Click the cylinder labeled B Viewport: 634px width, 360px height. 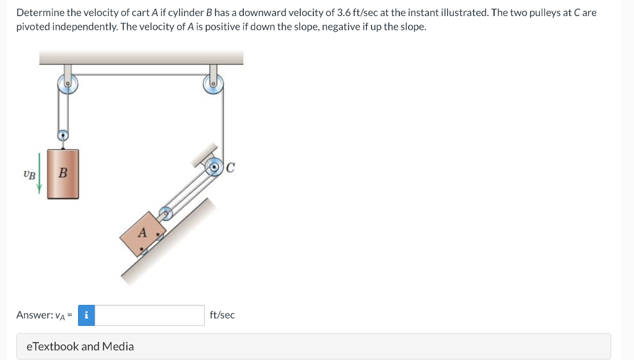pos(63,174)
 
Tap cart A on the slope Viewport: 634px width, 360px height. pos(143,234)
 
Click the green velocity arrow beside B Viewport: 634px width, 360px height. pos(39,173)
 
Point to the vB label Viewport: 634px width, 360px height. pos(29,175)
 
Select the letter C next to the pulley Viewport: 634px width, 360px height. pos(230,167)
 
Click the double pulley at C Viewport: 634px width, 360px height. pos(214,167)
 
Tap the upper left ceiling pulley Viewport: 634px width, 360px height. pos(67,84)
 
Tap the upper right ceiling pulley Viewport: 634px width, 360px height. pos(213,84)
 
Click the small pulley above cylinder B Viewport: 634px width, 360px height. pos(63,135)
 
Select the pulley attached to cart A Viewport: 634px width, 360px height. pos(165,213)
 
